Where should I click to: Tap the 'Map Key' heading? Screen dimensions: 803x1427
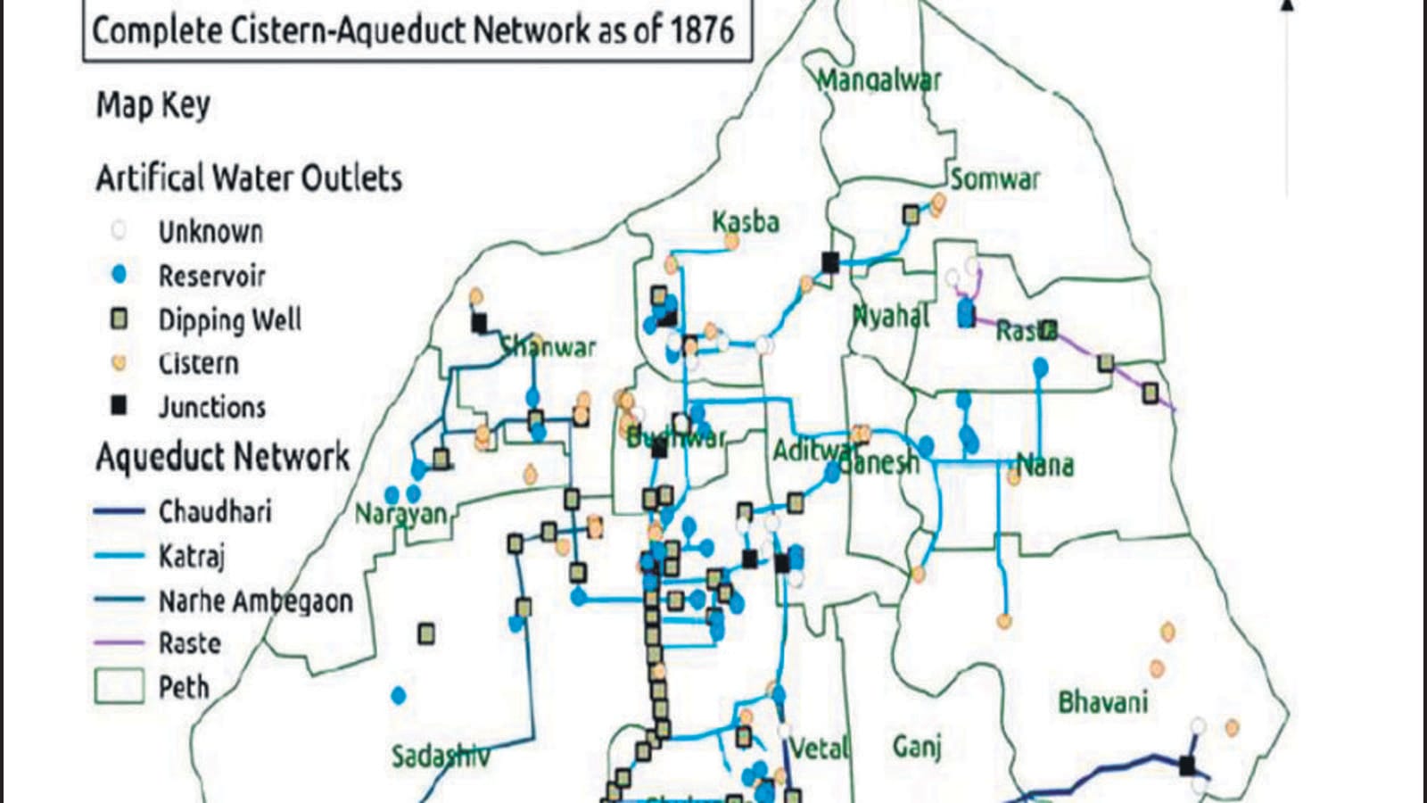[x=153, y=105]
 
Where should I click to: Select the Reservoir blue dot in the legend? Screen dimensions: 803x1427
[x=119, y=275]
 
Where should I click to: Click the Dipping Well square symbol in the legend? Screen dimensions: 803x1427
[x=119, y=319]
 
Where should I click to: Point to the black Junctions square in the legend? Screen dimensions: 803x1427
[x=119, y=406]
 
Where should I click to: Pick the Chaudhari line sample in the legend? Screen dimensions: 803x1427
[x=119, y=511]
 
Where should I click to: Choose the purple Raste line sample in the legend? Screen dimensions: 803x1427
[x=119, y=642]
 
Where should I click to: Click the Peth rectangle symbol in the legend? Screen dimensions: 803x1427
[x=119, y=686]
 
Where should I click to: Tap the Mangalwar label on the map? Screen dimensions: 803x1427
[x=878, y=80]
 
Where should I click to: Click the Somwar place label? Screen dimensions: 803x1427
[x=994, y=179]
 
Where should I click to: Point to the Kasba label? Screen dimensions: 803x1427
[x=746, y=221]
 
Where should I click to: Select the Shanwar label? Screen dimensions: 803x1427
[x=548, y=346]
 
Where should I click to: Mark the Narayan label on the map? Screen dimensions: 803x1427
[x=400, y=514]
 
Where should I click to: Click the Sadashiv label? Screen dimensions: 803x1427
[x=441, y=757]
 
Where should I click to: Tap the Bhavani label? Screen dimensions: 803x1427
[x=1102, y=702]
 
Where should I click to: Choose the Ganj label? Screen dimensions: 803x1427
[x=917, y=745]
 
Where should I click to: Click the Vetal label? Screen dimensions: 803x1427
[x=820, y=747]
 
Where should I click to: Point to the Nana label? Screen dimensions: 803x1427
[x=1045, y=465]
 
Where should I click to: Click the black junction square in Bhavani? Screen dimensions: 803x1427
[x=1187, y=765]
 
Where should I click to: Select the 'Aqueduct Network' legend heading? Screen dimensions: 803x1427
[x=223, y=457]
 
